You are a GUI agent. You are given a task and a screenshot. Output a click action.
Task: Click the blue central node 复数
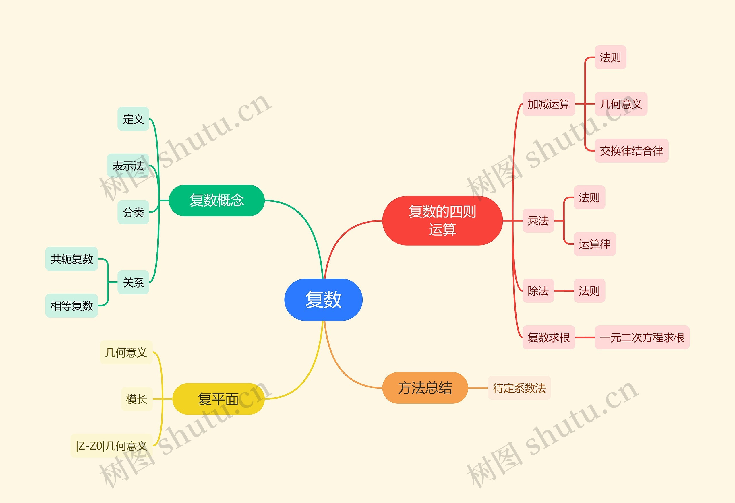coord(323,299)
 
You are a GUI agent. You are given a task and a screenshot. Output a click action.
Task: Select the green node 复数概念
coord(217,200)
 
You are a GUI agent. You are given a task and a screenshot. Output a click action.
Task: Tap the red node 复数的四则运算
coord(442,220)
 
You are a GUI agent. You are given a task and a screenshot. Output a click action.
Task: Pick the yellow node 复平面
coord(218,399)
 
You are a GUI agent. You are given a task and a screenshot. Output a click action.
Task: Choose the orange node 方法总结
coord(425,388)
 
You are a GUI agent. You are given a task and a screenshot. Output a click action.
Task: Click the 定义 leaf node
coord(133,119)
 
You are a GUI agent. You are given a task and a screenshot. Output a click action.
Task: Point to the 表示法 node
coord(128,166)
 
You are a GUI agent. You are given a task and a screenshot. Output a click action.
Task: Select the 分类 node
coord(133,212)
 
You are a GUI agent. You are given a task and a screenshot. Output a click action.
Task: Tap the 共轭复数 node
coord(71,259)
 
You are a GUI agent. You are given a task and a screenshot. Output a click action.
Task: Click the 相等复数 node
coord(71,306)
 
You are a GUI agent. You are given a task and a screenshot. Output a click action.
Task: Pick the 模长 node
coord(137,399)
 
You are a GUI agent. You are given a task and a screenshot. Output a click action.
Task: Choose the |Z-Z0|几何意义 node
coord(111,446)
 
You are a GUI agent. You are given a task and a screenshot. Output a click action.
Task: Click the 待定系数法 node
coord(519,388)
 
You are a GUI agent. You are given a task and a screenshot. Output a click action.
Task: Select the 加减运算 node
coord(548,104)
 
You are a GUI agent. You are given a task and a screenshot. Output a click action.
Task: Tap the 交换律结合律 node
coord(631,150)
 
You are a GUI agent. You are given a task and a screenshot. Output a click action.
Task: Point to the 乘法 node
coord(538,221)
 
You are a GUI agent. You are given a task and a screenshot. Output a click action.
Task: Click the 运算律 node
coord(595,244)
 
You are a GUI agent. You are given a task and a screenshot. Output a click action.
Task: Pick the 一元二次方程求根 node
coord(642,337)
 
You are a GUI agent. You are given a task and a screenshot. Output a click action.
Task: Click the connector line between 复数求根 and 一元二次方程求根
coord(585,337)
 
